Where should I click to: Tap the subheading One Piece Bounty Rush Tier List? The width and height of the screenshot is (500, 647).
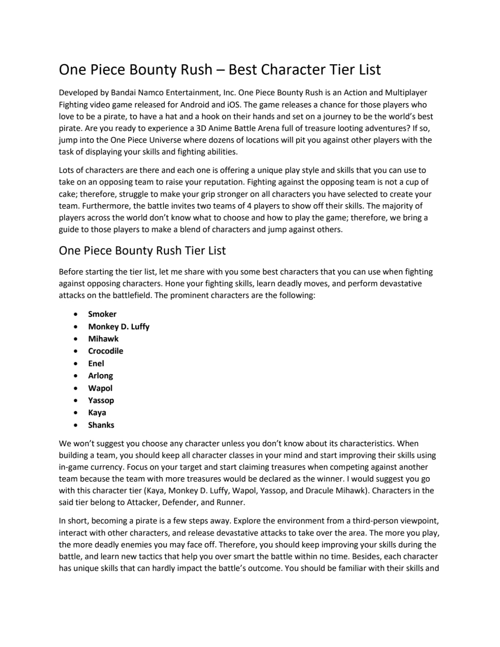[x=142, y=251]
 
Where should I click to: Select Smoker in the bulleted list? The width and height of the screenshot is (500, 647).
[x=102, y=314]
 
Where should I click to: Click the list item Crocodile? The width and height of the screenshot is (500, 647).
[x=106, y=351]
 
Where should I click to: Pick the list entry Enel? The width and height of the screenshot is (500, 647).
[x=96, y=363]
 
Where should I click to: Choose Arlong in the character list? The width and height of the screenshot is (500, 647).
[x=100, y=376]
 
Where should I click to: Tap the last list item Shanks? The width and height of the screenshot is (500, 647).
[x=101, y=425]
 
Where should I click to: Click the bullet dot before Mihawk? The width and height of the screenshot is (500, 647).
[x=76, y=339]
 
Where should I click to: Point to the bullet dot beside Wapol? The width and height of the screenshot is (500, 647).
[x=76, y=388]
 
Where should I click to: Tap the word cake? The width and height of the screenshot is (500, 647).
[x=67, y=194]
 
